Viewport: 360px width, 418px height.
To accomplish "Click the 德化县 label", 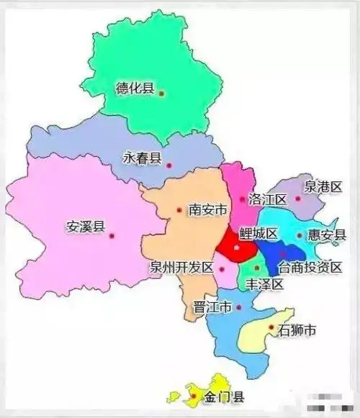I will pyautogui.click(x=135, y=90).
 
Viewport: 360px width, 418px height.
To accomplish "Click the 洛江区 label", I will pyautogui.click(x=267, y=199).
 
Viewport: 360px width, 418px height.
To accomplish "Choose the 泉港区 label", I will pyautogui.click(x=322, y=186).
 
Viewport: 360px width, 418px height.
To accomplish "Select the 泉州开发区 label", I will pyautogui.click(x=181, y=267).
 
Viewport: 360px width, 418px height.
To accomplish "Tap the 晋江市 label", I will pyautogui.click(x=212, y=307).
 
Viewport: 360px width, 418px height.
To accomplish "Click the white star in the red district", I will pyautogui.click(x=235, y=247).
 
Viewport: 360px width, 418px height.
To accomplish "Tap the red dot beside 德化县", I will pyautogui.click(x=162, y=93).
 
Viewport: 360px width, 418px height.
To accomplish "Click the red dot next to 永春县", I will pyautogui.click(x=169, y=165).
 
